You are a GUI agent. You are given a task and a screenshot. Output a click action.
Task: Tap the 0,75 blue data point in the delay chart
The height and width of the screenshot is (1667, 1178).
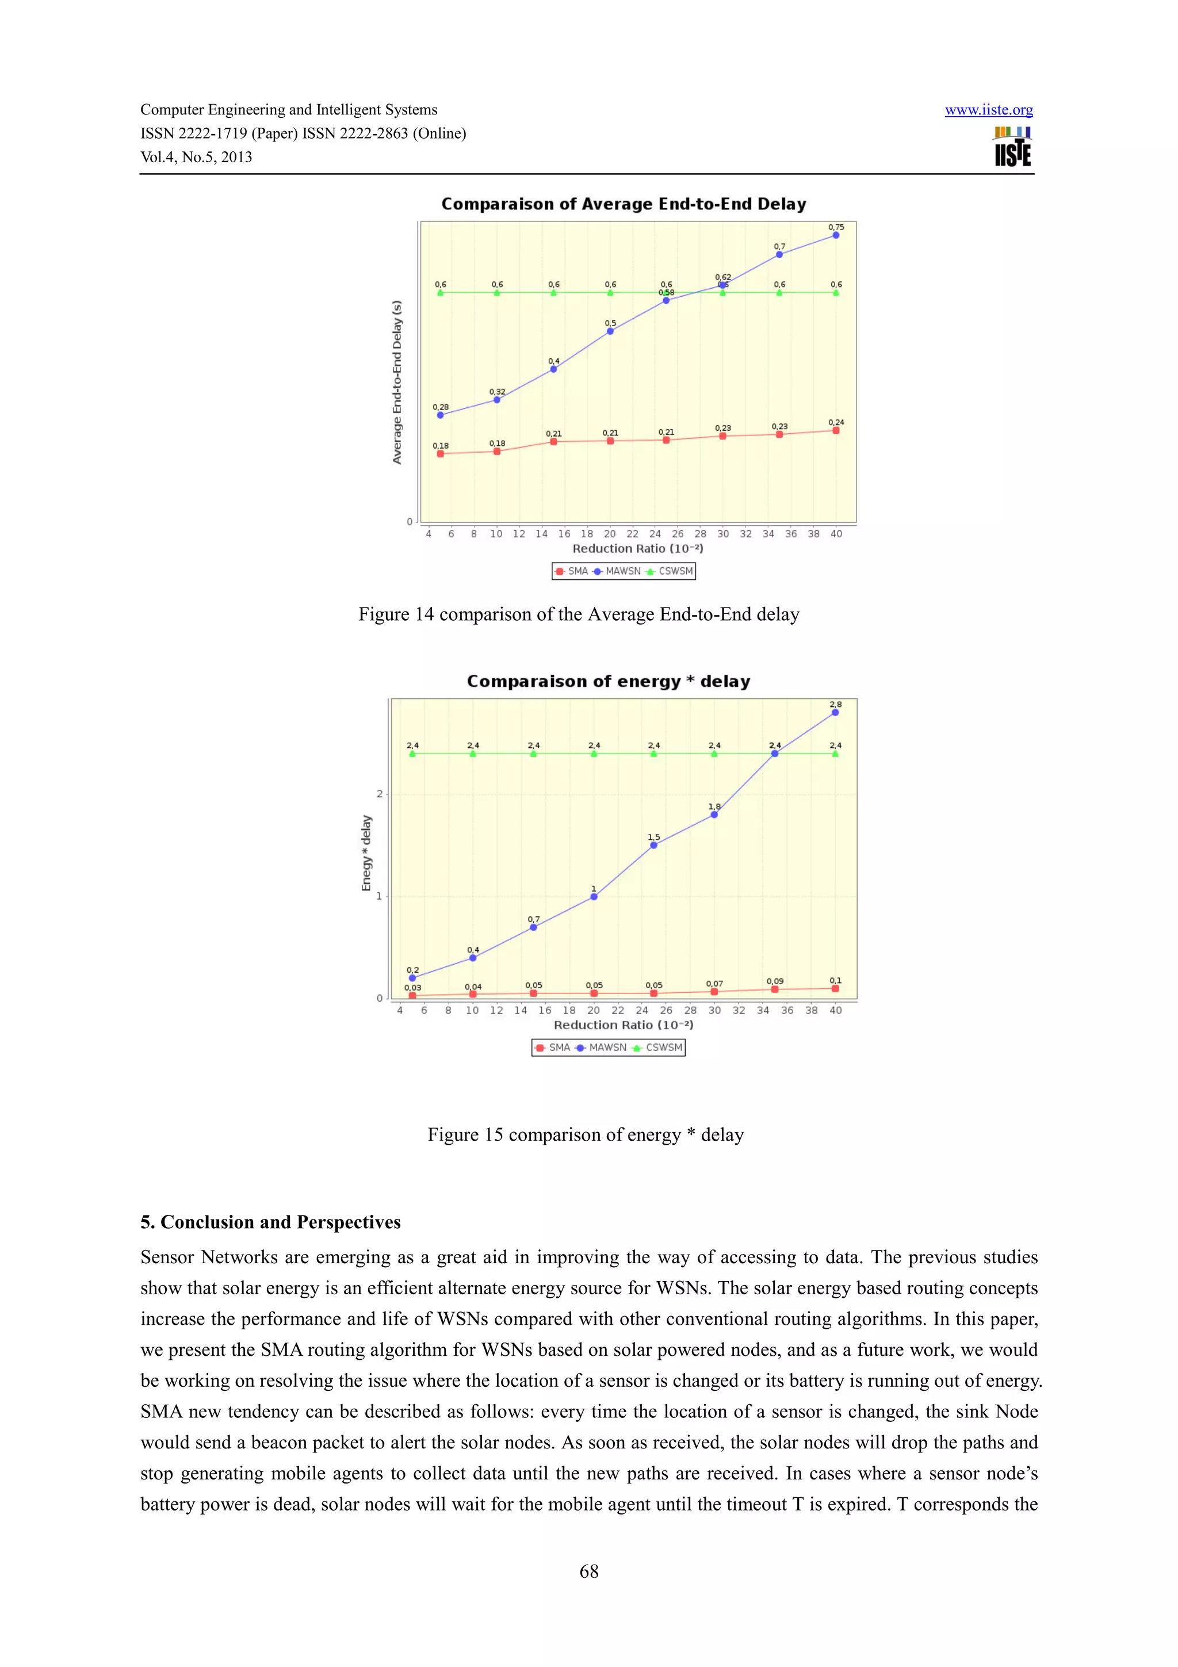click(x=835, y=235)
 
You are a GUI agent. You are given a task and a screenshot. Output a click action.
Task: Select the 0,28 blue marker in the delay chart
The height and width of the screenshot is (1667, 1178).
click(x=440, y=415)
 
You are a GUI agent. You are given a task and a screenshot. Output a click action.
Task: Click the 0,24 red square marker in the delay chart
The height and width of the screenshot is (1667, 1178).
click(x=835, y=430)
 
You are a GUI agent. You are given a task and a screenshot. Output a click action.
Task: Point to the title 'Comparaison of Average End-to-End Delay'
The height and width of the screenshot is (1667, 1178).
click(x=624, y=204)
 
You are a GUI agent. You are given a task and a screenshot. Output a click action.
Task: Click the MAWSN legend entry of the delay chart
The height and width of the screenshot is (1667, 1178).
click(x=617, y=571)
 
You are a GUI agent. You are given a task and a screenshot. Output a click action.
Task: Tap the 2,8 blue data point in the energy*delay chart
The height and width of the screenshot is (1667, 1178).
click(x=835, y=712)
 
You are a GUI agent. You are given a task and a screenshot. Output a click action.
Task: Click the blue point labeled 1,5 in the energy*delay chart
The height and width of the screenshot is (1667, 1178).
click(x=653, y=845)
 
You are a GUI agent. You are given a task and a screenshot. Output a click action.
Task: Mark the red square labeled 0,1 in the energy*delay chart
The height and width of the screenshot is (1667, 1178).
click(x=835, y=988)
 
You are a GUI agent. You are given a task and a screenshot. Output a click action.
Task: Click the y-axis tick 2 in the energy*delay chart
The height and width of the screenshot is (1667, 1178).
click(x=379, y=794)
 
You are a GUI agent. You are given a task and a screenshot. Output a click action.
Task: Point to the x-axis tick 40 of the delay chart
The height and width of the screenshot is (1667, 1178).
click(x=836, y=534)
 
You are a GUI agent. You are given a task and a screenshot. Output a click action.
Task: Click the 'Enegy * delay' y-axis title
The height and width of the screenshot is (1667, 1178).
click(x=366, y=853)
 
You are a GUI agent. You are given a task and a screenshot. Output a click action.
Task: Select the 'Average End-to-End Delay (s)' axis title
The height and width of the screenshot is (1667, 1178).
click(x=396, y=382)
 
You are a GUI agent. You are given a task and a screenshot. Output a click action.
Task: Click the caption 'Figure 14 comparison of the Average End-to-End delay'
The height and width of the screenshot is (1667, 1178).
click(x=579, y=614)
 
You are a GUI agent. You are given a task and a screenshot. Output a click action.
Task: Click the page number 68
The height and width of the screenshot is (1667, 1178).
click(x=588, y=1571)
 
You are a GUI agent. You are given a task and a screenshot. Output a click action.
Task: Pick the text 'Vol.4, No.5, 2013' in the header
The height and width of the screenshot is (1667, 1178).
click(x=196, y=158)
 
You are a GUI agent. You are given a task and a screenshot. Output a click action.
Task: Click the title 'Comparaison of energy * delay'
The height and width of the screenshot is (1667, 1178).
click(x=608, y=681)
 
